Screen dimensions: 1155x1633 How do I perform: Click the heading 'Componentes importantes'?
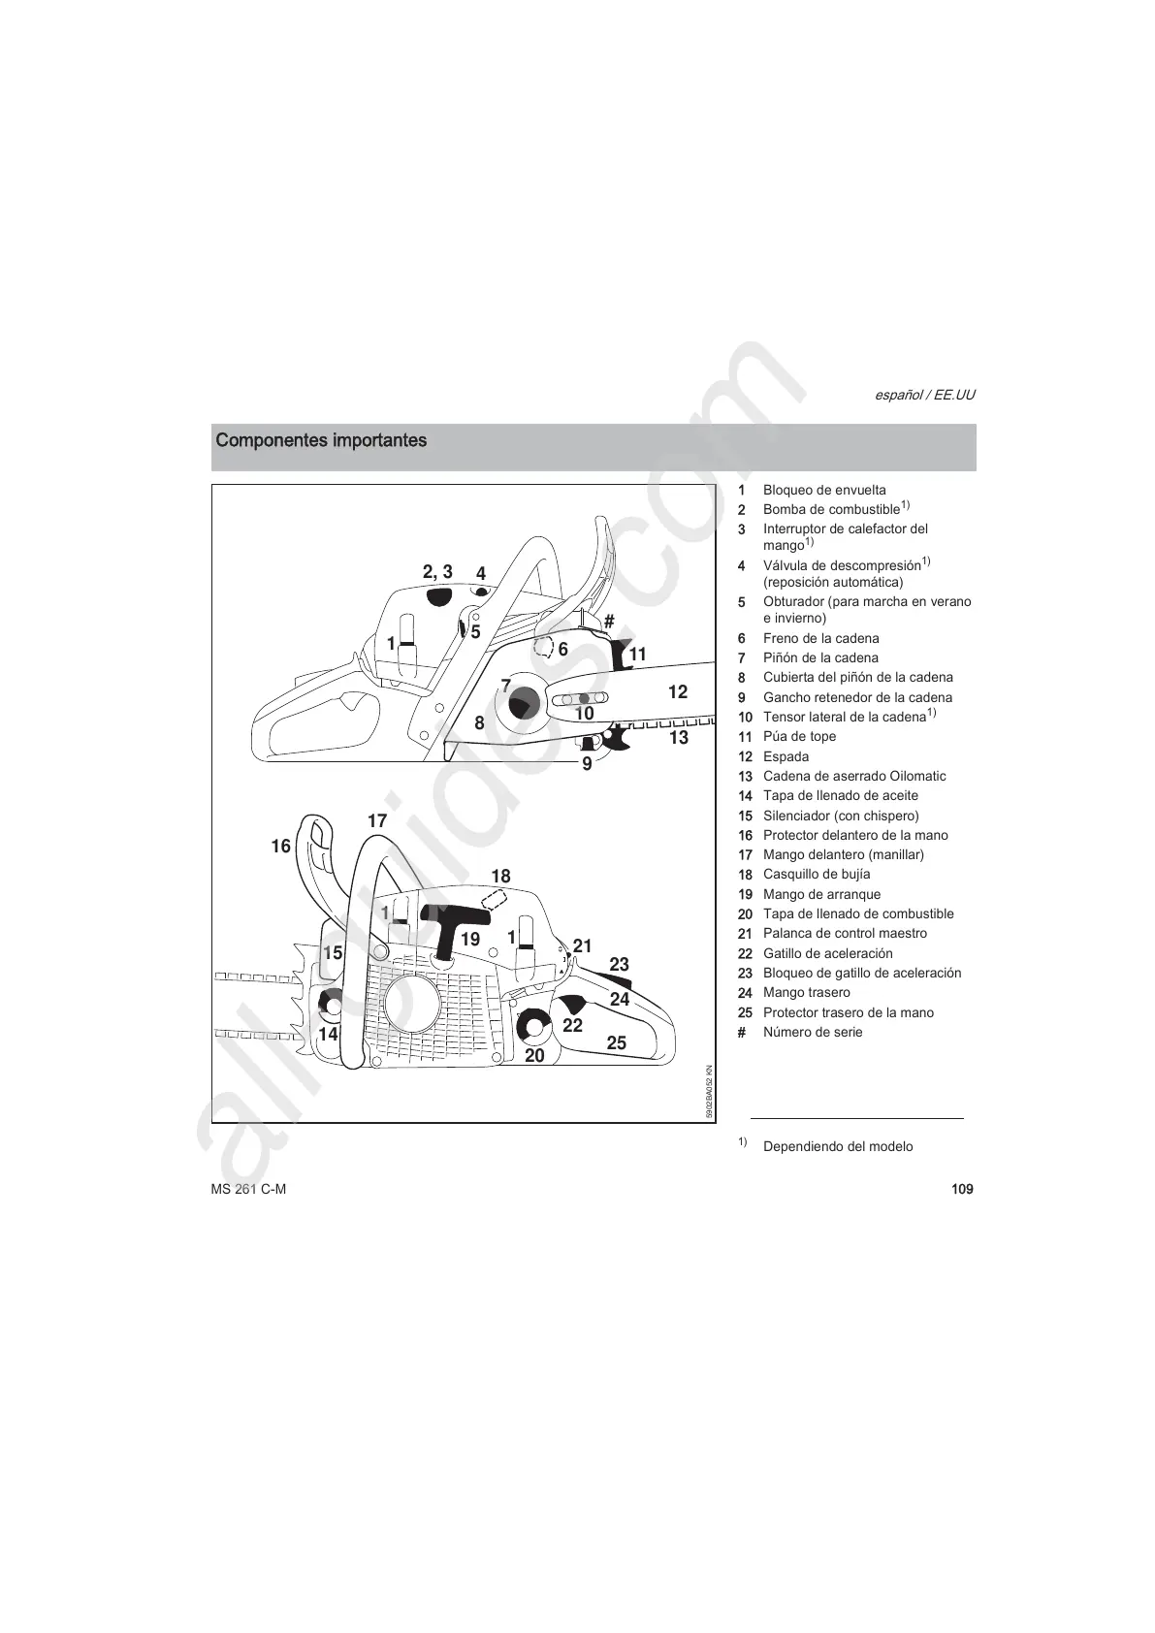[x=321, y=441]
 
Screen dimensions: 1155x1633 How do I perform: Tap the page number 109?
[x=962, y=1190]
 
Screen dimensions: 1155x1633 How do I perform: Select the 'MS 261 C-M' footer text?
[x=248, y=1190]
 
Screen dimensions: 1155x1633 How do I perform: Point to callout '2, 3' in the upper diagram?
[x=437, y=572]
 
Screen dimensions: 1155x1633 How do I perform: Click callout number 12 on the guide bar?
[x=678, y=691]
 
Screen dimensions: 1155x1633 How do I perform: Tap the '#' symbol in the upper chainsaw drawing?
[x=609, y=621]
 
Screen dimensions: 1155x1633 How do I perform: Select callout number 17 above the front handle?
[x=377, y=821]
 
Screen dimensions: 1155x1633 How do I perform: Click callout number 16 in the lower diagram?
[x=280, y=847]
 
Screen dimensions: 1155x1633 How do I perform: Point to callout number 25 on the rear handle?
[x=616, y=1043]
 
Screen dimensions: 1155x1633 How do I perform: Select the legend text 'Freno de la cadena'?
[x=820, y=639]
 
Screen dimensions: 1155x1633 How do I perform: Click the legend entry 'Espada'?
[x=786, y=757]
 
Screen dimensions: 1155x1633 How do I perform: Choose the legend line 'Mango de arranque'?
[x=821, y=895]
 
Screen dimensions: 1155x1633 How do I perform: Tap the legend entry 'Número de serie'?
[x=812, y=1033]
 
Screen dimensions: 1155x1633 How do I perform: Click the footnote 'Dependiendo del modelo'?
[x=838, y=1147]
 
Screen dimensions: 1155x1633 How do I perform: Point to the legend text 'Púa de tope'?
[x=799, y=737]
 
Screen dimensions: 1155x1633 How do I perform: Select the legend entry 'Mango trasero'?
[x=806, y=993]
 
